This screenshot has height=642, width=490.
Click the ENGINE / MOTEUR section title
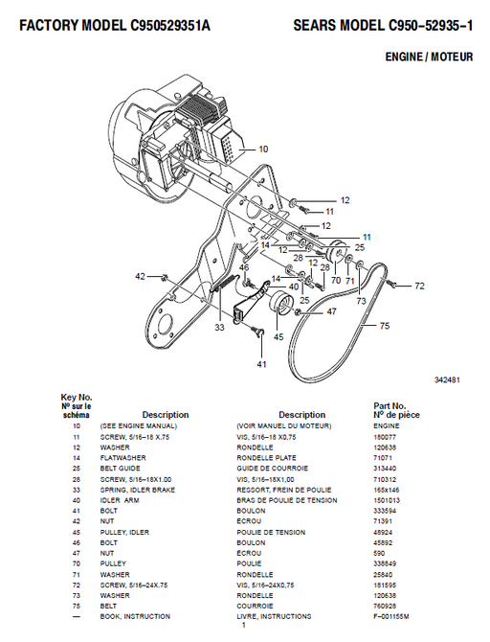click(424, 57)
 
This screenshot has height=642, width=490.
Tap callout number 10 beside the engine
click(263, 149)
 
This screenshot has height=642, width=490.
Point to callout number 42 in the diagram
click(141, 276)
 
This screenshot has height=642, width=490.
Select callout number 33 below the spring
click(219, 328)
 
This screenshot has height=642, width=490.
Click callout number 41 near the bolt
click(261, 365)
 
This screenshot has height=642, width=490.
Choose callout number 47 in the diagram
click(332, 311)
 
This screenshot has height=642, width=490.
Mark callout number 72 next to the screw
click(418, 286)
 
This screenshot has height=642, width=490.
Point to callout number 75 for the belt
click(384, 326)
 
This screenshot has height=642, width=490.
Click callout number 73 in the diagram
click(361, 301)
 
